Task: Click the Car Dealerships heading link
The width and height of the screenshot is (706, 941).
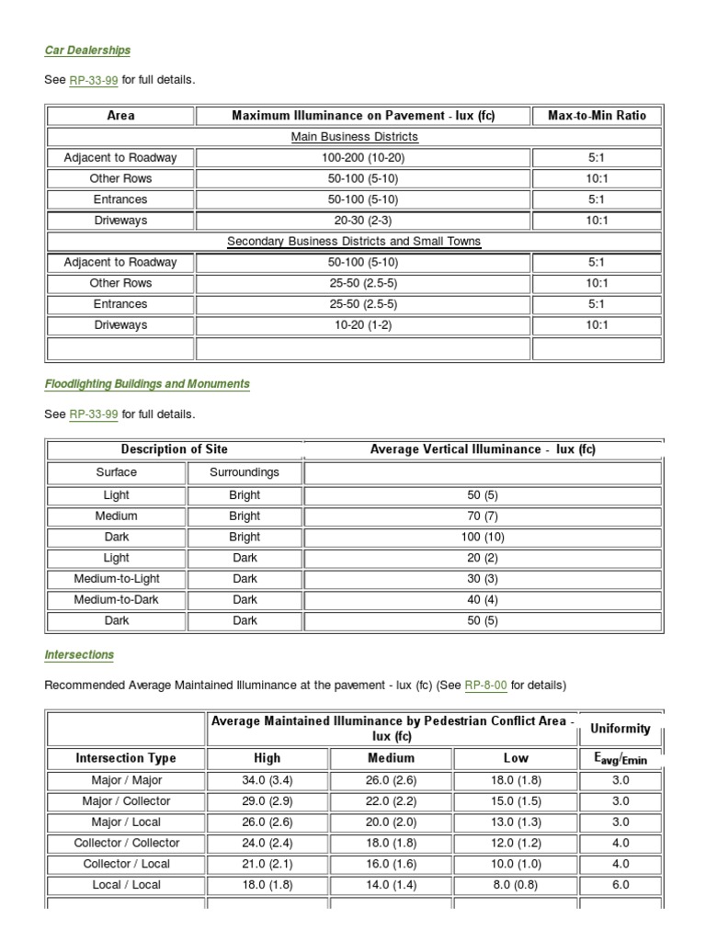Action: (87, 50)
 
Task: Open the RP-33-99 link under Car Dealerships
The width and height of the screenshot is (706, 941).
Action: (94, 81)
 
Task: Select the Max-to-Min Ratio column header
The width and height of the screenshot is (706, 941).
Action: (597, 116)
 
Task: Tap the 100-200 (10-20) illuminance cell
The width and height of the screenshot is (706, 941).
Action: (363, 158)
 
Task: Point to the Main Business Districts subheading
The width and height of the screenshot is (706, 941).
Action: (354, 137)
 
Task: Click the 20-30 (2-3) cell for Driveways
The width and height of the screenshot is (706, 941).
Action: (363, 221)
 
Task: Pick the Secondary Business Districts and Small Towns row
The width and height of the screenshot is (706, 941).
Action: (354, 242)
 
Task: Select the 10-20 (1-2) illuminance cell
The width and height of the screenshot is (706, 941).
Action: (363, 325)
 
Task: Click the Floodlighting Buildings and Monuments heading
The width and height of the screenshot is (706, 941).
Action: (147, 383)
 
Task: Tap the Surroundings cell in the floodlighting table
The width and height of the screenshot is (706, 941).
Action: (245, 473)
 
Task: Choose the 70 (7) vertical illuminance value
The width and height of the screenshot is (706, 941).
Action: (483, 516)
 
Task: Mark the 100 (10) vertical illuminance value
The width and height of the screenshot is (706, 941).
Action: (483, 537)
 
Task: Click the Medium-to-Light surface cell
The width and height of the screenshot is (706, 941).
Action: (116, 579)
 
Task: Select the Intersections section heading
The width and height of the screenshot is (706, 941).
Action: (79, 655)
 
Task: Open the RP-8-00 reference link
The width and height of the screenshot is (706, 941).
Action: (486, 686)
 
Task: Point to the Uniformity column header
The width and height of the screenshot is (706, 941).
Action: (621, 729)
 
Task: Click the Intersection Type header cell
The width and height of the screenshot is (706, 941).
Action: (126, 759)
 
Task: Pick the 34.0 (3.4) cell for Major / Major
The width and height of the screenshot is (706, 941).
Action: (268, 780)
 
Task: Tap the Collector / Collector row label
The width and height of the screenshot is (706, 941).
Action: (126, 843)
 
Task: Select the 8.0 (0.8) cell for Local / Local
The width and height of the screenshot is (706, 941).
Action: (516, 885)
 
